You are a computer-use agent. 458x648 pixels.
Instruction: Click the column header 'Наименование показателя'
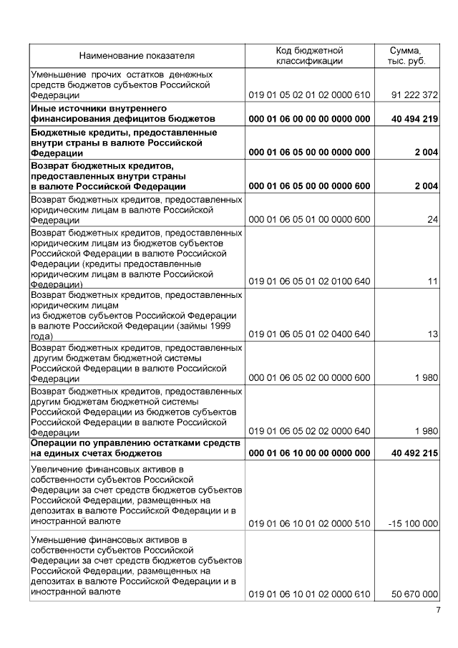coord(137,55)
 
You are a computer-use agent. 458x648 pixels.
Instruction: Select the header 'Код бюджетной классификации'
coord(309,55)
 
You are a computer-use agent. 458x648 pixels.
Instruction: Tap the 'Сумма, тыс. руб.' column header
coord(406,55)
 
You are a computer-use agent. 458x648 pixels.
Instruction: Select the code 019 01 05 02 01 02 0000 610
coord(309,95)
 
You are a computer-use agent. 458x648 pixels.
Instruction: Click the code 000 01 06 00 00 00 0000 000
coord(309,119)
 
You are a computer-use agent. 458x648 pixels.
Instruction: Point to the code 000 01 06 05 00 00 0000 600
coord(309,186)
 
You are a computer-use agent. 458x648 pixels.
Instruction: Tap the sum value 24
coord(432,220)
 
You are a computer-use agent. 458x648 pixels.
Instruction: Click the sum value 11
coord(432,281)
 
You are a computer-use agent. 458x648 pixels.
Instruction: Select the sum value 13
coord(432,334)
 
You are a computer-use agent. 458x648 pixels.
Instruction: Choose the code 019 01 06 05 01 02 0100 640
coord(309,281)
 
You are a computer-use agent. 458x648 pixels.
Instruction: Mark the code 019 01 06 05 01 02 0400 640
coord(309,334)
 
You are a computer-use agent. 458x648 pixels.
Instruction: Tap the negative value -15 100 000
coord(413,523)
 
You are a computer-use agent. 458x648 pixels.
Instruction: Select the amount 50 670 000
coord(414,594)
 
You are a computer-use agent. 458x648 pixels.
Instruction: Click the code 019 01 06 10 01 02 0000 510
coord(309,523)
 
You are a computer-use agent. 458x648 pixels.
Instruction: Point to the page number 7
coord(439,610)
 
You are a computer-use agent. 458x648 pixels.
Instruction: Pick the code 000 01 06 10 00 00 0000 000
coord(309,453)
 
